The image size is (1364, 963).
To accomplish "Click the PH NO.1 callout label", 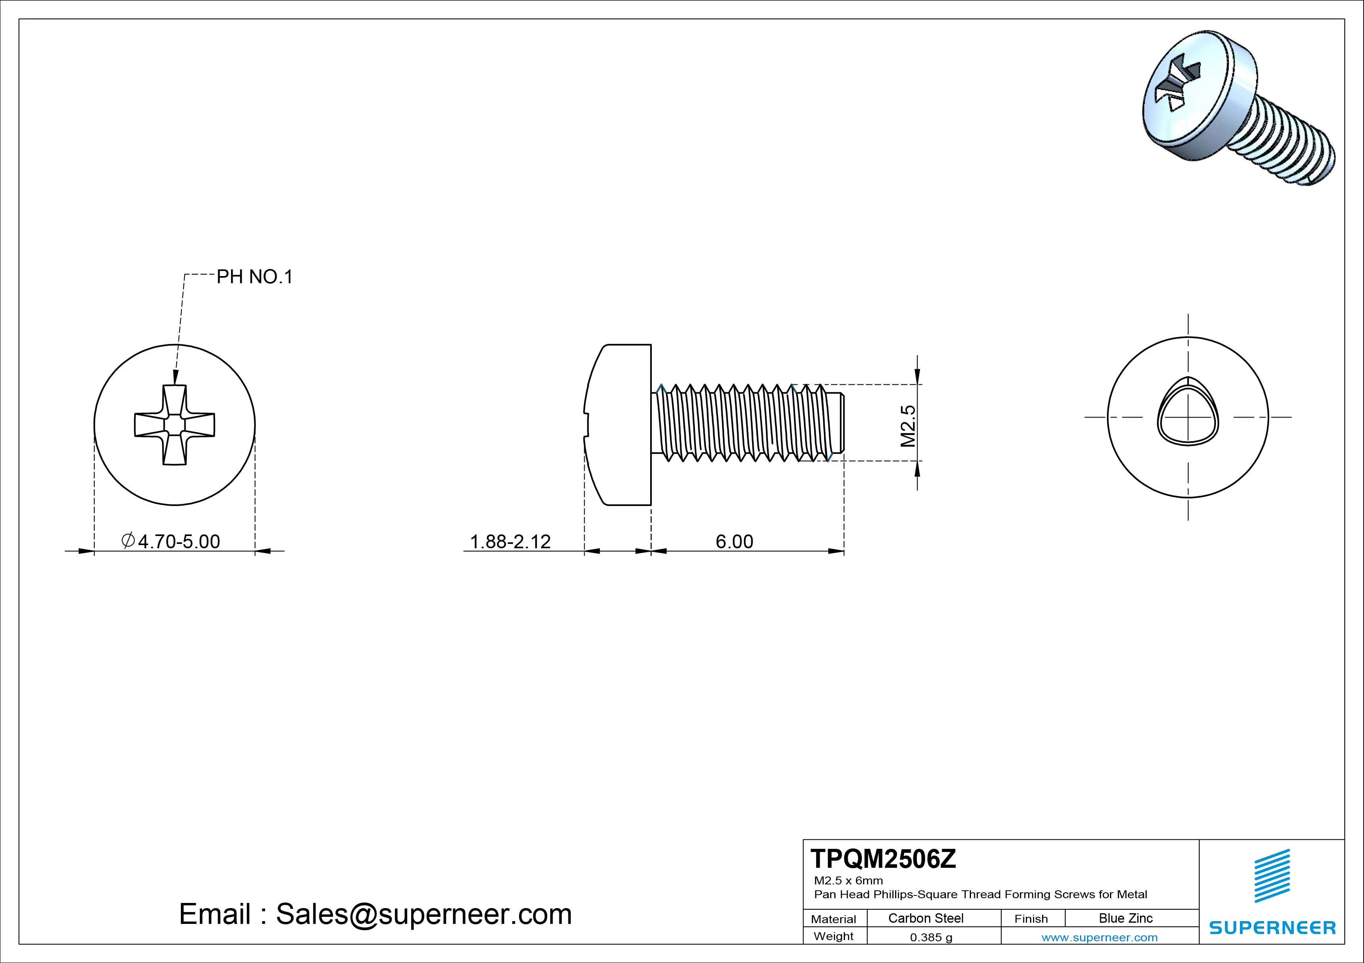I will click(254, 277).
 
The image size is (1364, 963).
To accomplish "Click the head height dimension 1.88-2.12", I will click(510, 541).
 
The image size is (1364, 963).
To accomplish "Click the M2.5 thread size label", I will click(908, 426).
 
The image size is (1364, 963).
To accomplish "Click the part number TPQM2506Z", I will click(883, 859).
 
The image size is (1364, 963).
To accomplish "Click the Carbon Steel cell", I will click(925, 918).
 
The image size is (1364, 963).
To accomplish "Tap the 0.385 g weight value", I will click(931, 937).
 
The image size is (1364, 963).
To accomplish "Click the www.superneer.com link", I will click(1099, 937).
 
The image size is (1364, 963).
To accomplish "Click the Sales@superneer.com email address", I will click(423, 914).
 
